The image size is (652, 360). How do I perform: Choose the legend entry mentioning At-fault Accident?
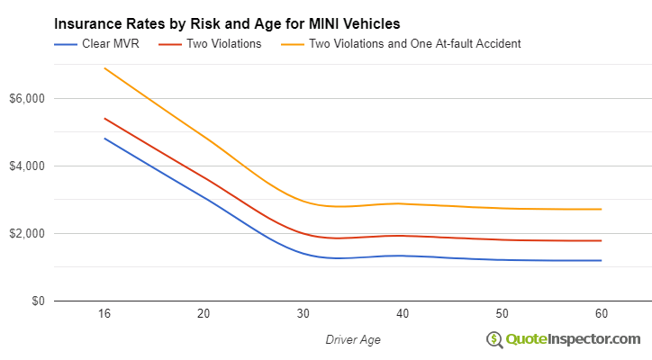[x=414, y=43]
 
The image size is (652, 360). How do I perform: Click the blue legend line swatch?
[x=68, y=43]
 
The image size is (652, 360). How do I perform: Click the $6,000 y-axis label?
[x=25, y=98]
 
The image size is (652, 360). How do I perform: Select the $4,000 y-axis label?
[x=25, y=166]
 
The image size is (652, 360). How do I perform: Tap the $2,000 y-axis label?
[x=25, y=233]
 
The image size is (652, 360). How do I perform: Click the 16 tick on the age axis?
[x=104, y=314]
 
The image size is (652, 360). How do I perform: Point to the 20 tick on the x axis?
[x=204, y=314]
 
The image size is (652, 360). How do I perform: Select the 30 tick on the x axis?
[x=303, y=314]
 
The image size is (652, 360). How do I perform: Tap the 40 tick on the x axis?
[x=403, y=314]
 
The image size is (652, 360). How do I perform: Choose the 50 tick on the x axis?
[x=502, y=314]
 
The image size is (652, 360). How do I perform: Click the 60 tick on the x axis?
[x=601, y=314]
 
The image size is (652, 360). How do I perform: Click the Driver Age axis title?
[x=352, y=338]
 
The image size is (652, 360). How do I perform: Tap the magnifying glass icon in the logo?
[x=494, y=339]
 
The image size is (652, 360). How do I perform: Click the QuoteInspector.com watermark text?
[x=573, y=338]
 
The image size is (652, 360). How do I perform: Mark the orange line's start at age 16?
[x=104, y=68]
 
